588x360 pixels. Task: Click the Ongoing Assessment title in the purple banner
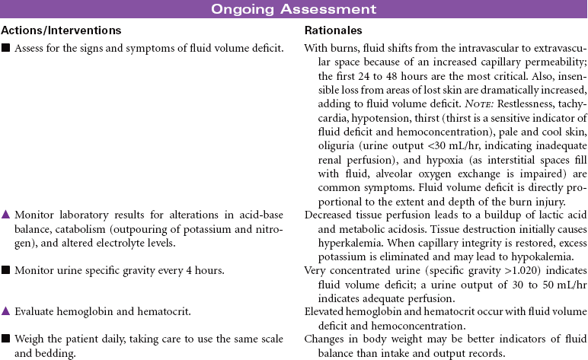point(293,9)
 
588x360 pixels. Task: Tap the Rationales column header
point(333,31)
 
